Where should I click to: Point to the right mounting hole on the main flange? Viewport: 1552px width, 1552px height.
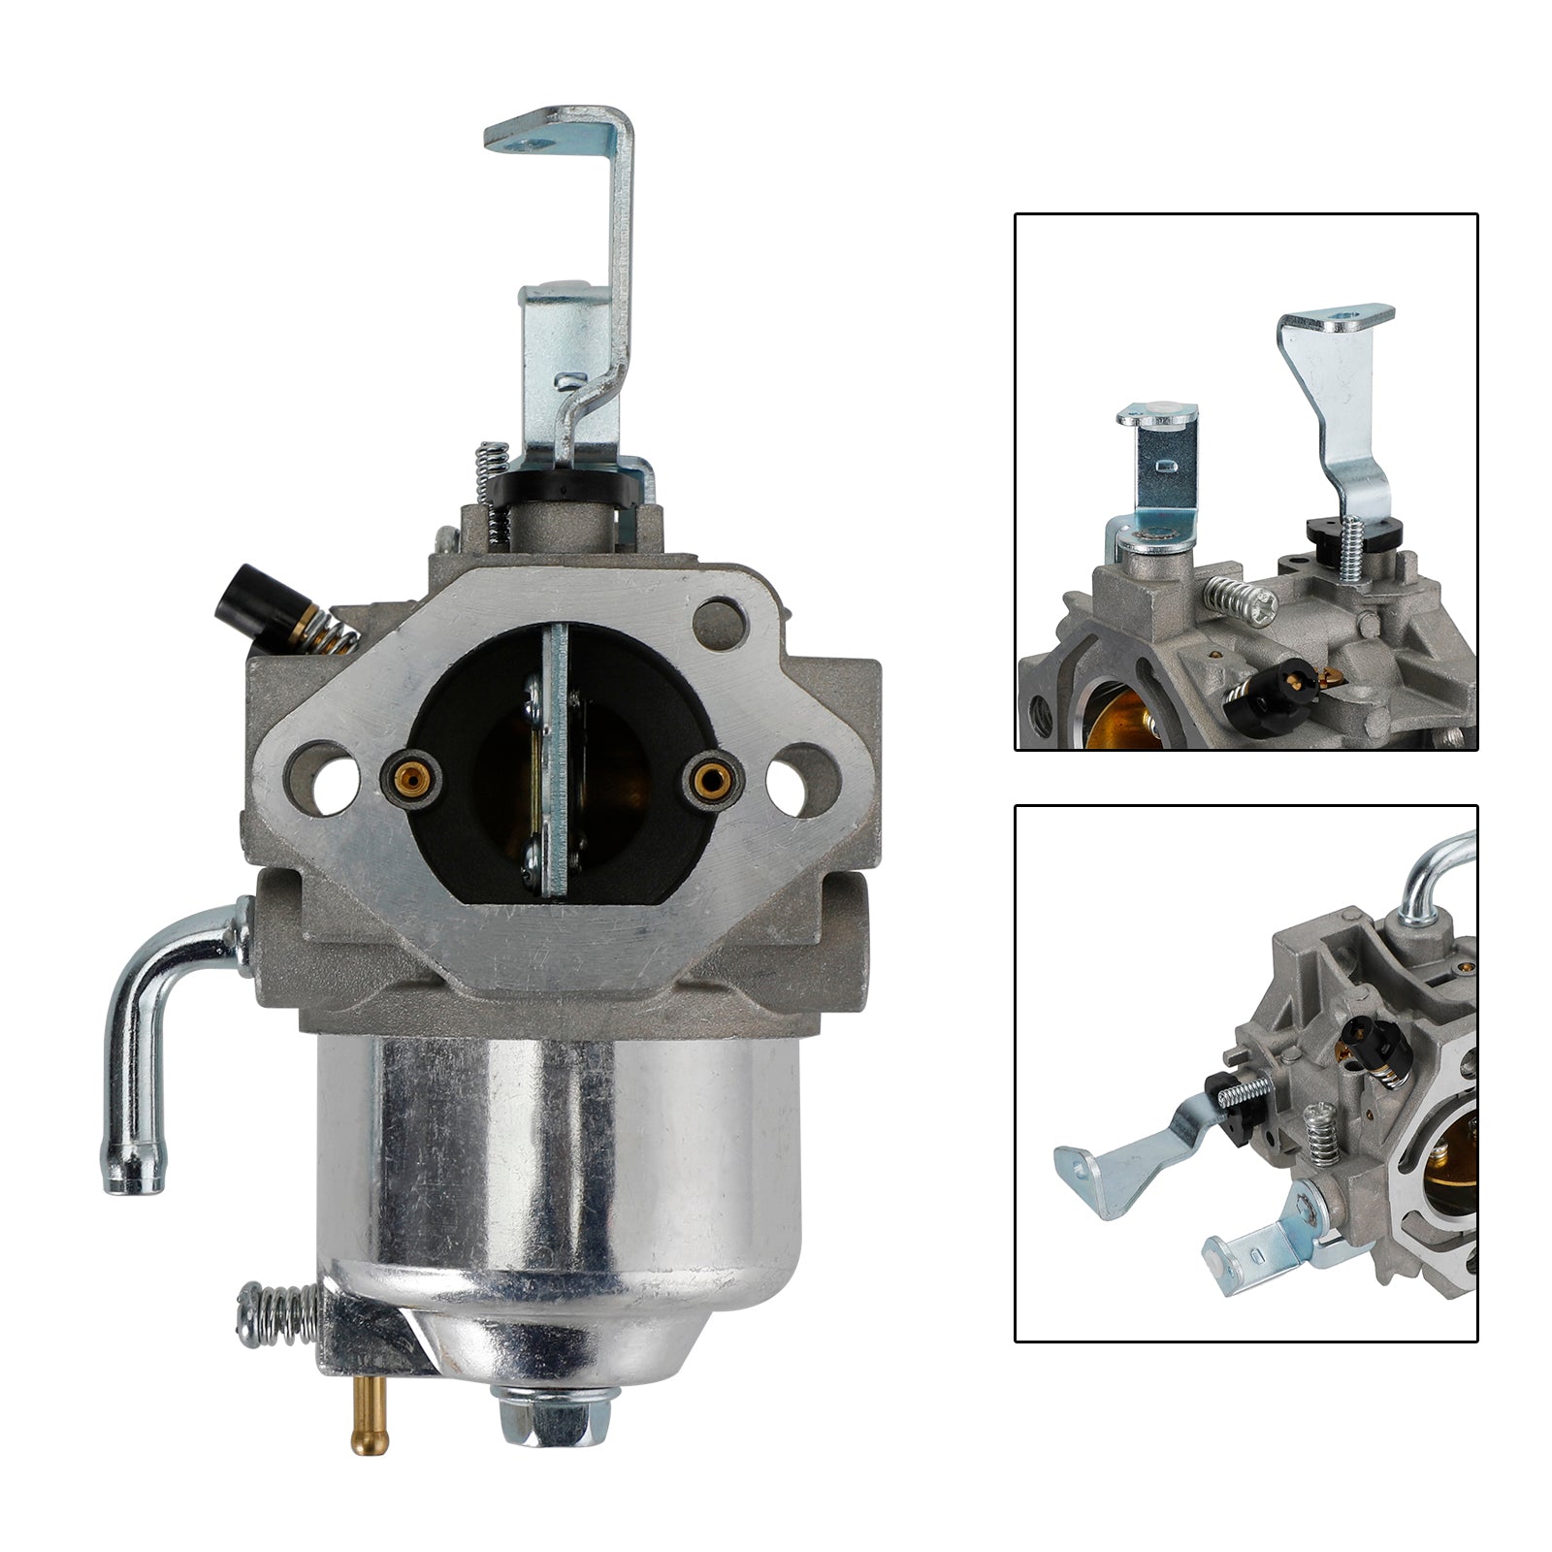(x=787, y=778)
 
